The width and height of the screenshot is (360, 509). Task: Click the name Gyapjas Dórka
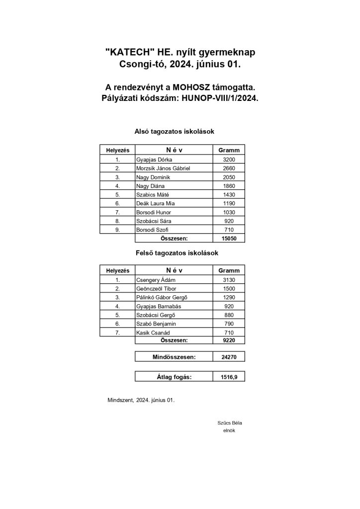click(x=154, y=160)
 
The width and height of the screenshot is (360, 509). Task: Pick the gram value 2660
click(x=229, y=169)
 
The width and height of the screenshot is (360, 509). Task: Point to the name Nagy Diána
click(x=150, y=186)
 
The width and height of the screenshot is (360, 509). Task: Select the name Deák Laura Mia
click(x=155, y=203)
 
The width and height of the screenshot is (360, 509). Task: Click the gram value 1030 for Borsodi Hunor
click(x=229, y=212)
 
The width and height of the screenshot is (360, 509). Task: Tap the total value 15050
click(x=229, y=238)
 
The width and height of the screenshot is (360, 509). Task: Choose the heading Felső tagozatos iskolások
click(x=177, y=253)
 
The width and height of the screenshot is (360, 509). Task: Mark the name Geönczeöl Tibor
click(x=156, y=289)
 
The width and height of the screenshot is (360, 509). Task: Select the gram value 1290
click(x=229, y=297)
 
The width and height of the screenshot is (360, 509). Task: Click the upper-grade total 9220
click(x=229, y=340)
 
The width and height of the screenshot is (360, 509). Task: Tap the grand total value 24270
click(x=229, y=356)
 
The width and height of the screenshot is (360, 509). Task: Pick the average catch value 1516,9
click(x=229, y=377)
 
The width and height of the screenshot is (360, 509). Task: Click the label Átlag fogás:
click(x=174, y=377)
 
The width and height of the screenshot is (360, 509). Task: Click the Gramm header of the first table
click(x=229, y=150)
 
